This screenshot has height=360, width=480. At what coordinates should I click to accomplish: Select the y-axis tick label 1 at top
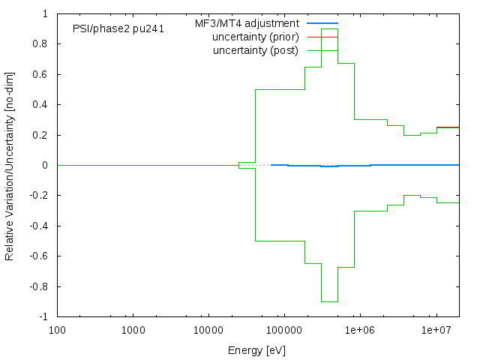pos(46,14)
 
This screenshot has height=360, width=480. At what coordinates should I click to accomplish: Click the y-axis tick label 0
pos(46,166)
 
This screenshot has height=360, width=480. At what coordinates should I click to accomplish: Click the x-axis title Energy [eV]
pos(256,350)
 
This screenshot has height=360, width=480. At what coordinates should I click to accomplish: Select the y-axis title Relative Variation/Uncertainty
pos(10,165)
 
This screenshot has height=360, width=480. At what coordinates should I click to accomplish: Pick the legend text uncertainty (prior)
pos(256,37)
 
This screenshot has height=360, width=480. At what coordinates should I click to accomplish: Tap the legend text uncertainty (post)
pos(256,51)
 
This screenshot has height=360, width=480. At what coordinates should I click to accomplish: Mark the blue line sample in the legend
pos(322,24)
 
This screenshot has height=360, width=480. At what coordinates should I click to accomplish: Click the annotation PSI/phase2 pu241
pos(118,29)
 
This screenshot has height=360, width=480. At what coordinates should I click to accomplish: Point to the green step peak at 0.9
pos(329,49)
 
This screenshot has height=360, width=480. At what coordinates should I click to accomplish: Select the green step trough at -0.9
pos(329,301)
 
